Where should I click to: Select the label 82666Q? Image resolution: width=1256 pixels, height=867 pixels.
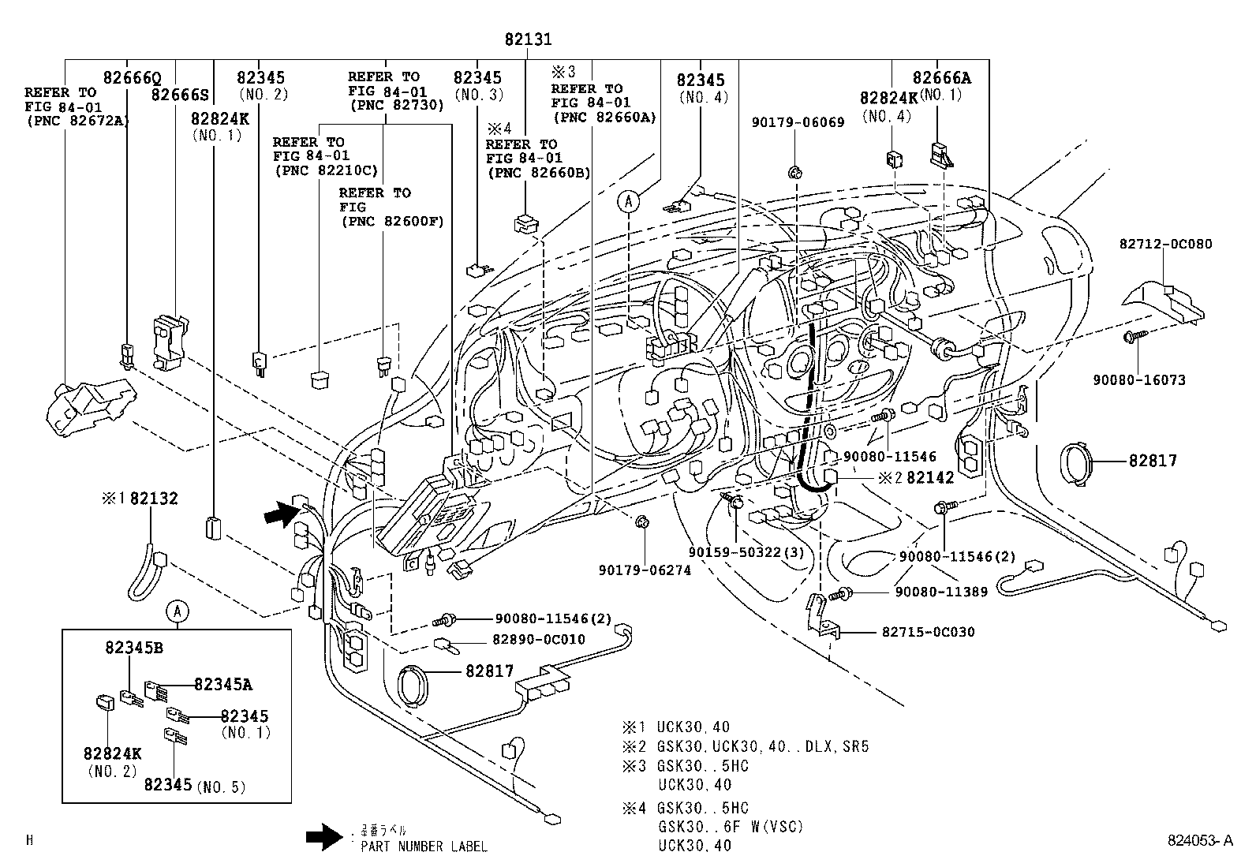point(132,78)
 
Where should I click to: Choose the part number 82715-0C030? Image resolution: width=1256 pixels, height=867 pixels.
point(928,632)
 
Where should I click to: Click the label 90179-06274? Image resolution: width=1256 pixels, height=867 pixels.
point(645,570)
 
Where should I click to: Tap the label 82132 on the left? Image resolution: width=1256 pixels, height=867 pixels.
point(154,499)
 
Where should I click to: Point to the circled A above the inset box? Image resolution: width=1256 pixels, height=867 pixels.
point(178,610)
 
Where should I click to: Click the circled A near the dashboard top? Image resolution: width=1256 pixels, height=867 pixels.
point(628,202)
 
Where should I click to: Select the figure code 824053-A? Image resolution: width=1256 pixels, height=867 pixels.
point(1199,841)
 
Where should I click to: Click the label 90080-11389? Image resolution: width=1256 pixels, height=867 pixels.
point(940,592)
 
